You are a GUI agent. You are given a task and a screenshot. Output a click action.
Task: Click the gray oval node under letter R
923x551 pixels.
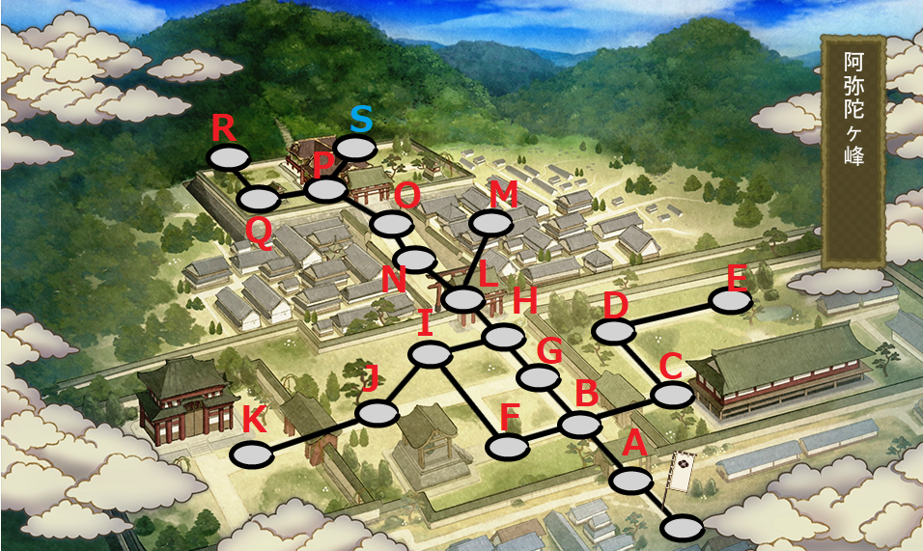tap(228, 157)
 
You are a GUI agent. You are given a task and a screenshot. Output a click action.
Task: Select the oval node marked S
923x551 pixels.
tap(355, 149)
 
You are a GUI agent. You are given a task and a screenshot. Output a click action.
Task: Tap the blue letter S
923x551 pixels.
tap(360, 120)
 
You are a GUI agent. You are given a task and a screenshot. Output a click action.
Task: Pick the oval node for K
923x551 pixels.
tap(252, 455)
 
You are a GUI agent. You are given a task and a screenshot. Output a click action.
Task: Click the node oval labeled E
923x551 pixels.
tap(730, 301)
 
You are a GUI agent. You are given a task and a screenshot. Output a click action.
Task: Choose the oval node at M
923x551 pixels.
tap(490, 223)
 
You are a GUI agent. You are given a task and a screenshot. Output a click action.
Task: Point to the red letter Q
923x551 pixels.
tap(259, 230)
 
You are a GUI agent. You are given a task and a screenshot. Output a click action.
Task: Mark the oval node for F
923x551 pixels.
tap(508, 447)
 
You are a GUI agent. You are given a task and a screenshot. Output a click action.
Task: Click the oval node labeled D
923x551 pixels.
tap(614, 331)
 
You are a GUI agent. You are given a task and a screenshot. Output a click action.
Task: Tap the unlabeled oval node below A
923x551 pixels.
tap(683, 528)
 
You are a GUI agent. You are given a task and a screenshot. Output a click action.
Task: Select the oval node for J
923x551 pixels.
tap(377, 414)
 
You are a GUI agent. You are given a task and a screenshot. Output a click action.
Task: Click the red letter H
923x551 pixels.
tap(524, 301)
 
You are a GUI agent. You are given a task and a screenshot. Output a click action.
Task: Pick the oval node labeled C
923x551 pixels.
tap(672, 395)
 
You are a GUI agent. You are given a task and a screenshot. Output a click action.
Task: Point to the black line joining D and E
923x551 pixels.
tap(673, 316)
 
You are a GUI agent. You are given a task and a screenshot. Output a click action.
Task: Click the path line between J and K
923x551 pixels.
tap(314, 434)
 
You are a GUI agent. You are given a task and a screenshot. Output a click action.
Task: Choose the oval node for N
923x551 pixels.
tap(415, 259)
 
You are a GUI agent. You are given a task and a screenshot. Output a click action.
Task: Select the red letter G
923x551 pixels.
tap(548, 350)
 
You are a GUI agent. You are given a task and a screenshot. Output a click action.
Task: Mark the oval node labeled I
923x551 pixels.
tap(431, 355)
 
